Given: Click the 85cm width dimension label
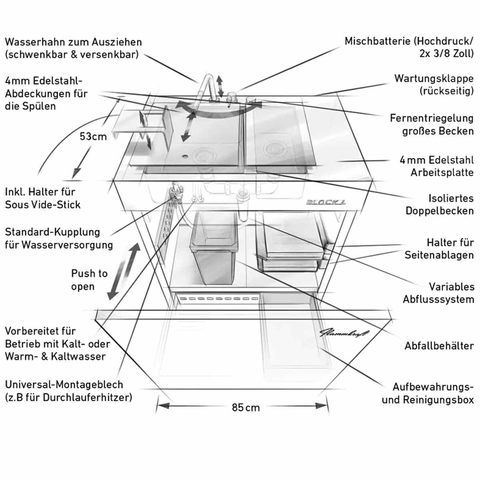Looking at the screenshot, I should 246,408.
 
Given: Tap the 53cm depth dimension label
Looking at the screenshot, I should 93,136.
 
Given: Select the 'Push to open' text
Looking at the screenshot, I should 89,280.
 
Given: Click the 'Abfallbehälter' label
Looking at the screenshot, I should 439,346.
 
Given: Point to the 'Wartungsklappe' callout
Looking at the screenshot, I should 434,84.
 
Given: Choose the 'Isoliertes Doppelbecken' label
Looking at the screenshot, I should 439,204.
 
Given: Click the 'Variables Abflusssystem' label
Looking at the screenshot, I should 438,293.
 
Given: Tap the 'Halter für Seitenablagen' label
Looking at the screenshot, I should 439,248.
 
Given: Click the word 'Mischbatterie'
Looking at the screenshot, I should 377,41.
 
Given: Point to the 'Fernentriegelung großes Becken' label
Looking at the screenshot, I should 432,124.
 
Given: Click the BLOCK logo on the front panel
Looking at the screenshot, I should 326,202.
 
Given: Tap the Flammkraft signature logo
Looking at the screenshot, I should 344,333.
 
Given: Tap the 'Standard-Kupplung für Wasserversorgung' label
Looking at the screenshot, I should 59,238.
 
